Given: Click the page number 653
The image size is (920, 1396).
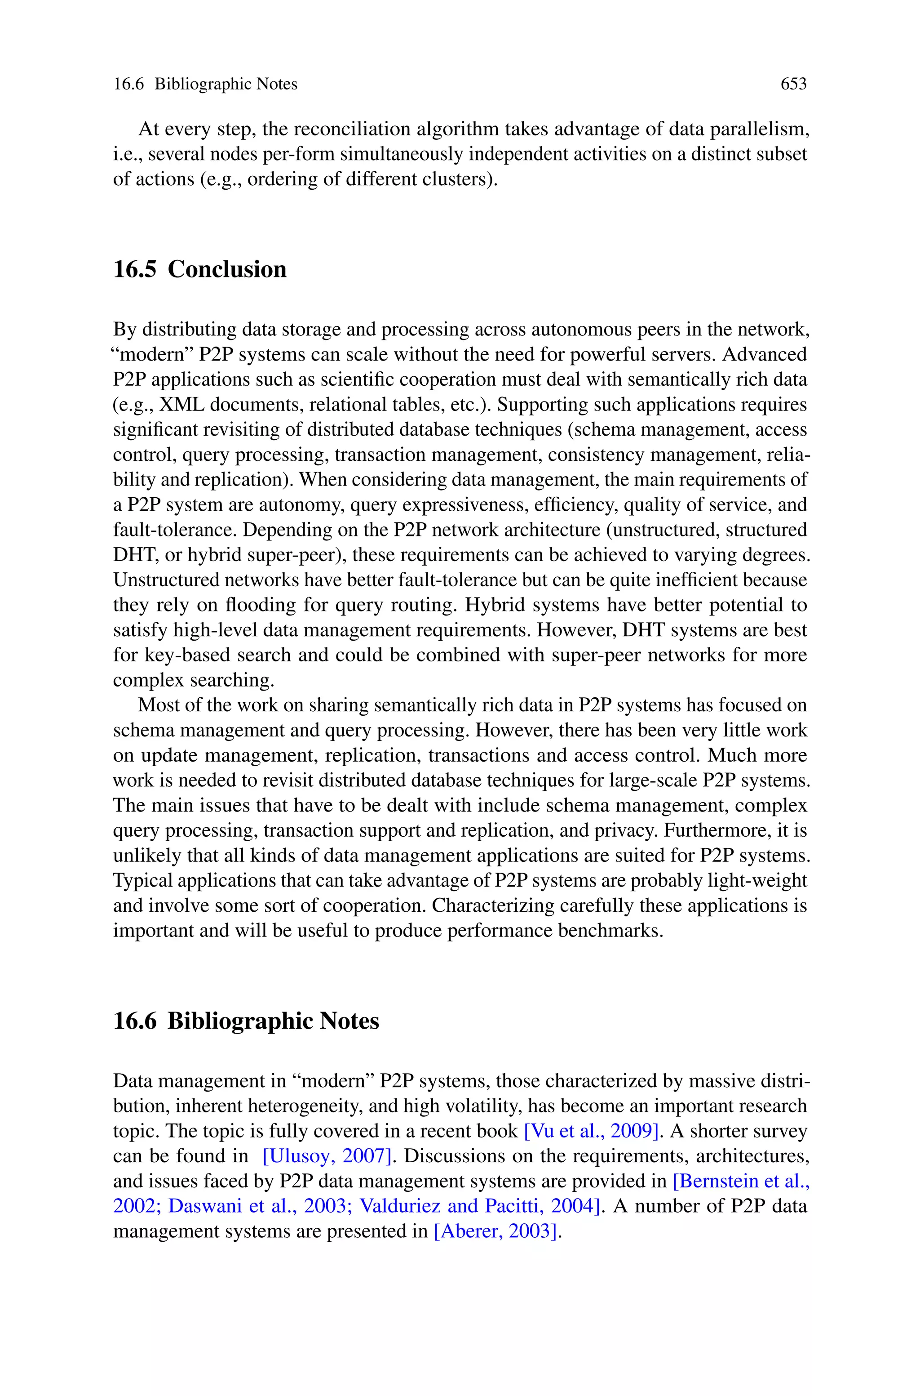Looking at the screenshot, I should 793,85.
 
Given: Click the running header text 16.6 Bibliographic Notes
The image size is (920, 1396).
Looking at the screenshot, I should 205,85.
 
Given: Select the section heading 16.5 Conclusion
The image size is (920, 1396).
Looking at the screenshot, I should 199,269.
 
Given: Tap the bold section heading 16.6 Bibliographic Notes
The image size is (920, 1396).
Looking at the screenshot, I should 246,1021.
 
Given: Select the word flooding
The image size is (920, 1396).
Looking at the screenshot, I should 261,605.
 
